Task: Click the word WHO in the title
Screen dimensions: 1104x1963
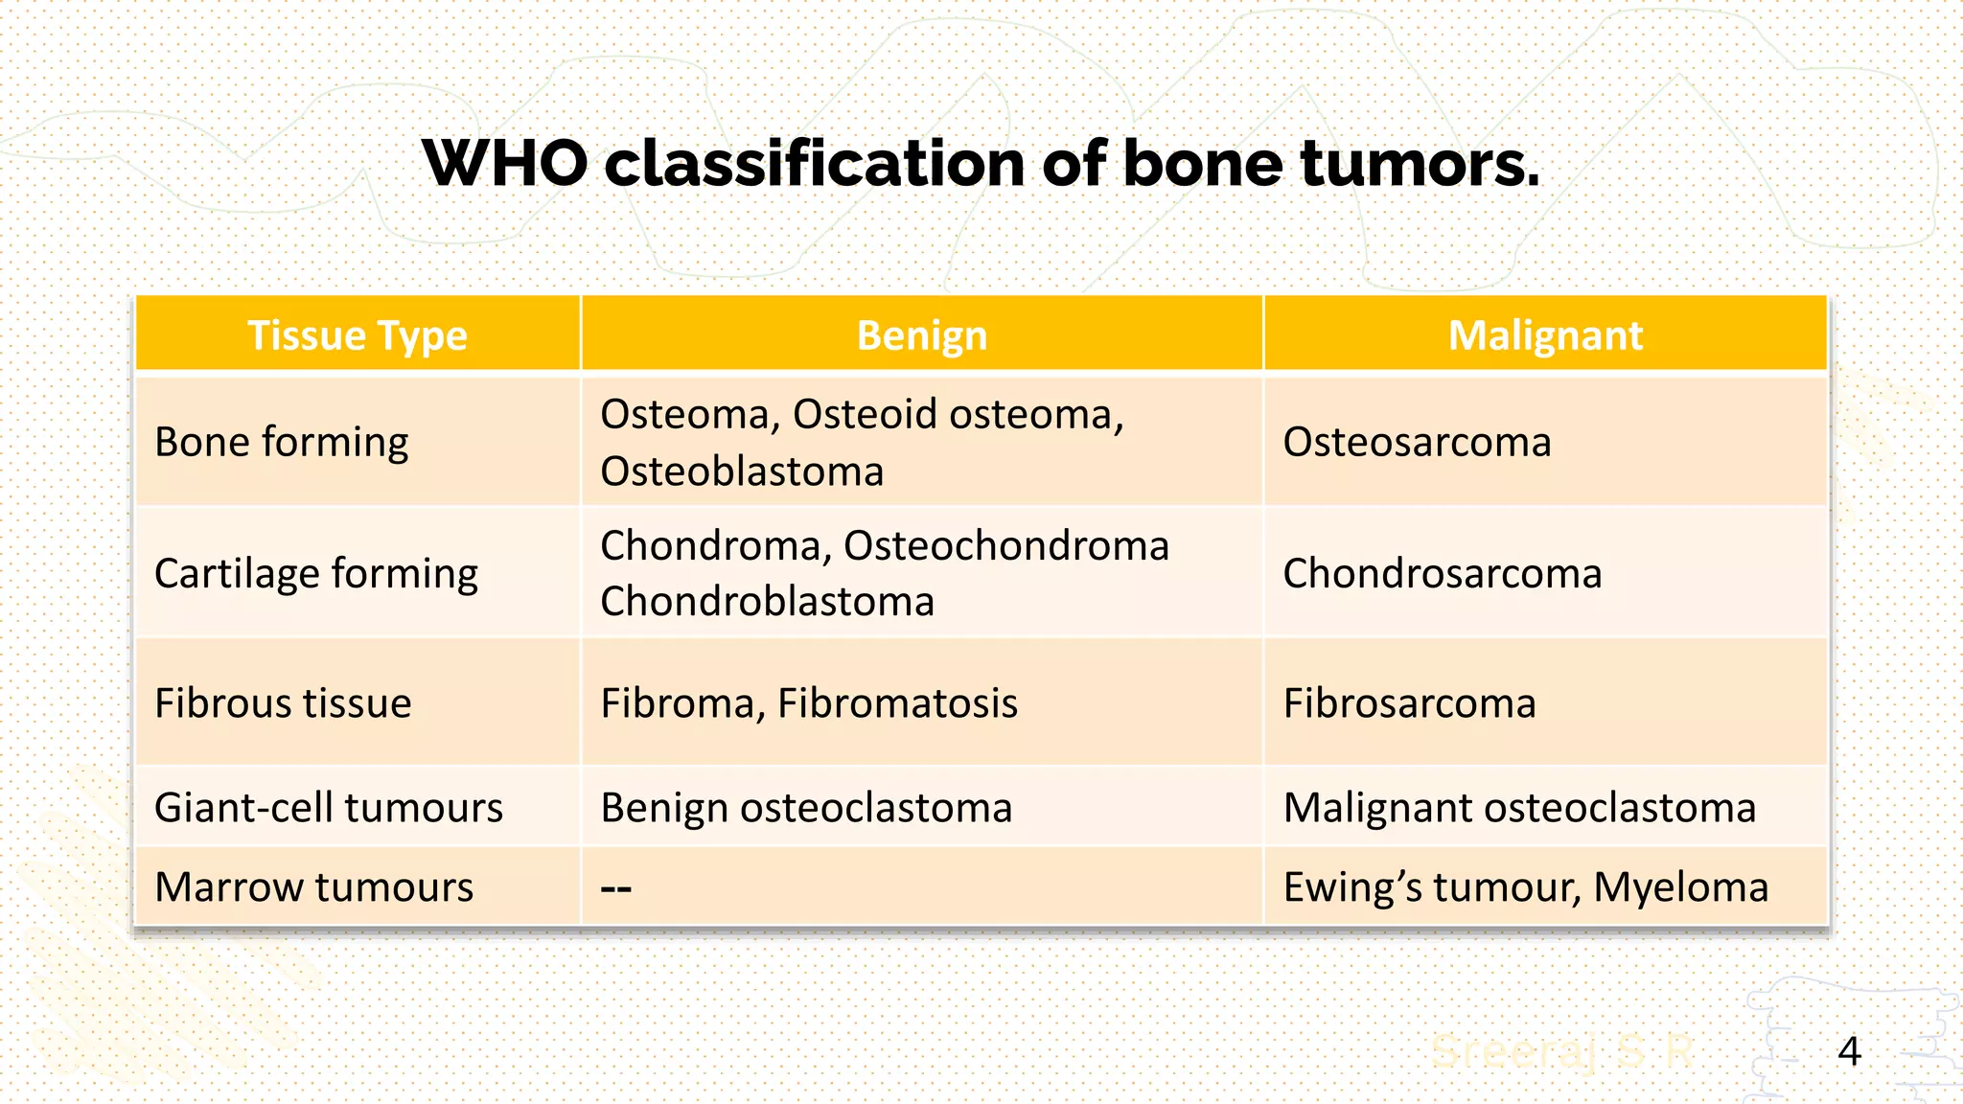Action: coord(504,164)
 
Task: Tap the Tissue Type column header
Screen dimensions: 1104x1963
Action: coord(358,335)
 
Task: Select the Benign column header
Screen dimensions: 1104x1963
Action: coord(921,335)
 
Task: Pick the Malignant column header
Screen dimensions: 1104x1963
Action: coord(1545,335)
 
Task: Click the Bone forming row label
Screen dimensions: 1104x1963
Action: coord(281,442)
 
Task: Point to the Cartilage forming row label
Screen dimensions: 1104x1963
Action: coord(316,573)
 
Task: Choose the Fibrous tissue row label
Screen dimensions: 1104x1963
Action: coord(283,703)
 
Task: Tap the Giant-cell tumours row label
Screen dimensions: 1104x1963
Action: coord(328,807)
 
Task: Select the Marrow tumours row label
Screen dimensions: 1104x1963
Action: coord(313,886)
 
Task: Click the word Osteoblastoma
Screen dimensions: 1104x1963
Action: coord(742,471)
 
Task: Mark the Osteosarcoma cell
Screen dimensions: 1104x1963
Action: coord(1417,442)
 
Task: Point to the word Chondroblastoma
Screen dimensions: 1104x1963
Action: coord(767,602)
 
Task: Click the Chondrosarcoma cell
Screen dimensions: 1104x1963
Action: coord(1442,573)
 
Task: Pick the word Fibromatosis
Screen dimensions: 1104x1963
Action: coord(897,703)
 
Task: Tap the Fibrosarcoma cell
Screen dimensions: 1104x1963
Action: coord(1409,703)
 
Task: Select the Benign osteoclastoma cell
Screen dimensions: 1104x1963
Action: coord(806,807)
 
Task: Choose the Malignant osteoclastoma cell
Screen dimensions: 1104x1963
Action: coord(1519,807)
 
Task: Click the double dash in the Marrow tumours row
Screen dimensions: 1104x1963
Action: coord(615,888)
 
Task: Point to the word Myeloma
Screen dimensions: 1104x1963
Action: coord(1680,886)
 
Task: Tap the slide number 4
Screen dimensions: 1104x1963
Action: coord(1849,1051)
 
